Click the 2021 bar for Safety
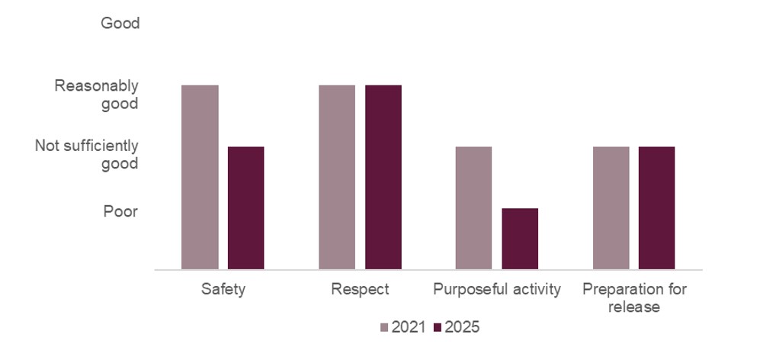[200, 177]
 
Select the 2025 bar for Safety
[245, 207]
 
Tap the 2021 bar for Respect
[337, 177]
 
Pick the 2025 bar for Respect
[383, 177]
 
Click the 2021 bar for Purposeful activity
[473, 207]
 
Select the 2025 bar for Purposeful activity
[520, 239]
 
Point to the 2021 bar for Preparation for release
[611, 207]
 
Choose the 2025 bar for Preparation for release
[656, 207]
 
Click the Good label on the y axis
[120, 24]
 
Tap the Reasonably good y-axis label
[96, 95]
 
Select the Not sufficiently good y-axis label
[87, 155]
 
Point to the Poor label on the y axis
[120, 211]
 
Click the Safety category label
[223, 290]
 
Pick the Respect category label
[361, 290]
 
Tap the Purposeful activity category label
[497, 290]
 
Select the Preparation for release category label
[633, 298]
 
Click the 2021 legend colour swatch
[384, 327]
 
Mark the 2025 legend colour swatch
[437, 327]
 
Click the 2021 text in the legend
[408, 327]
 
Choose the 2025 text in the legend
[462, 327]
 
